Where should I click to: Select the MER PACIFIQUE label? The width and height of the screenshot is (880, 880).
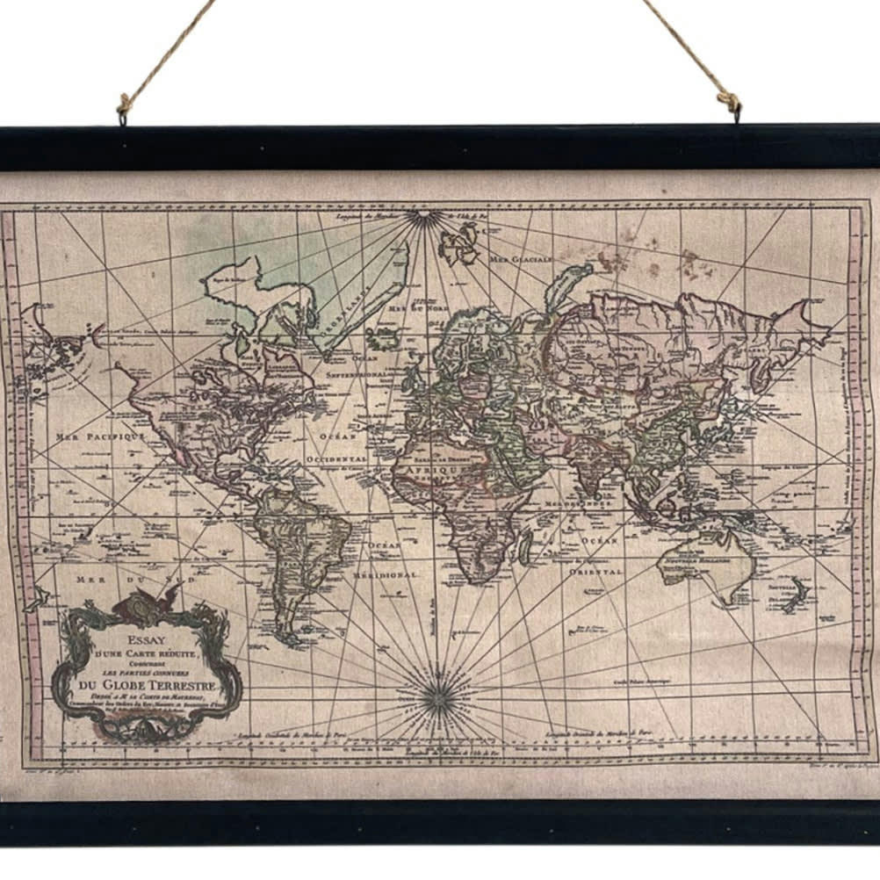(x=99, y=435)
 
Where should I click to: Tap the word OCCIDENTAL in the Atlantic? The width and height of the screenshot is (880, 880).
(x=337, y=458)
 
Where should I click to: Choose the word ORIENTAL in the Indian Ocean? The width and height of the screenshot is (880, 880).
(x=595, y=571)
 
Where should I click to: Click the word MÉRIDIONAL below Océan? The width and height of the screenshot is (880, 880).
(x=386, y=574)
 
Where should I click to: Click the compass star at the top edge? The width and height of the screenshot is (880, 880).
(x=425, y=217)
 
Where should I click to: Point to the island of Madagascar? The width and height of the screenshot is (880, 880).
(x=525, y=547)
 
